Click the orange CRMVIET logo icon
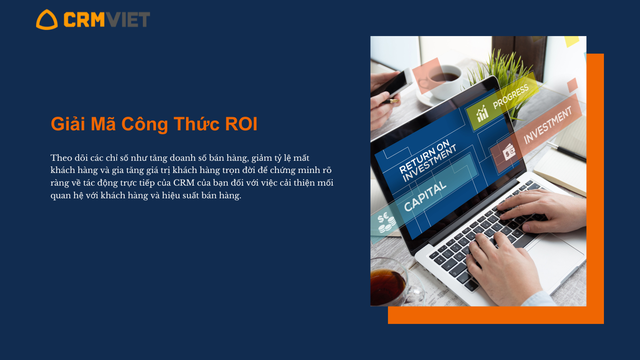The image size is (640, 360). coord(47,20)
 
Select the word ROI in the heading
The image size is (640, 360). coord(241,124)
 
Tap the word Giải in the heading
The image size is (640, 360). coord(68,124)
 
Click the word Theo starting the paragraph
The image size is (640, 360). coord(61,158)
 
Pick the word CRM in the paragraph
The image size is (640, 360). coord(184,183)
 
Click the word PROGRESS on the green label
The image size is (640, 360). coord(511,97)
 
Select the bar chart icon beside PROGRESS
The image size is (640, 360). coord(482,113)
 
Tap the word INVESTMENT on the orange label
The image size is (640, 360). coord(548,125)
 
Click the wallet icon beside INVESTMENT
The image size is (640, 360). coord(509,152)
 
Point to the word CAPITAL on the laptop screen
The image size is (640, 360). coord(425,196)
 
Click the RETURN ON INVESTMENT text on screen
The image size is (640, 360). coord(427,160)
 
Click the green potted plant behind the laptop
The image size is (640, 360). coord(506,75)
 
